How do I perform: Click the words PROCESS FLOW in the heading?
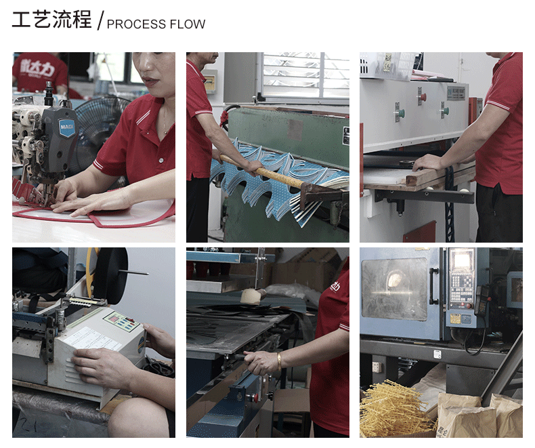[156, 24]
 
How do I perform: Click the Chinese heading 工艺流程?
[51, 20]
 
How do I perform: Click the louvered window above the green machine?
[305, 76]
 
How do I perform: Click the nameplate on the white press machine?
[456, 92]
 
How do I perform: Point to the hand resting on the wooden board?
[428, 163]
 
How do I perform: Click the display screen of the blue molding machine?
[462, 262]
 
